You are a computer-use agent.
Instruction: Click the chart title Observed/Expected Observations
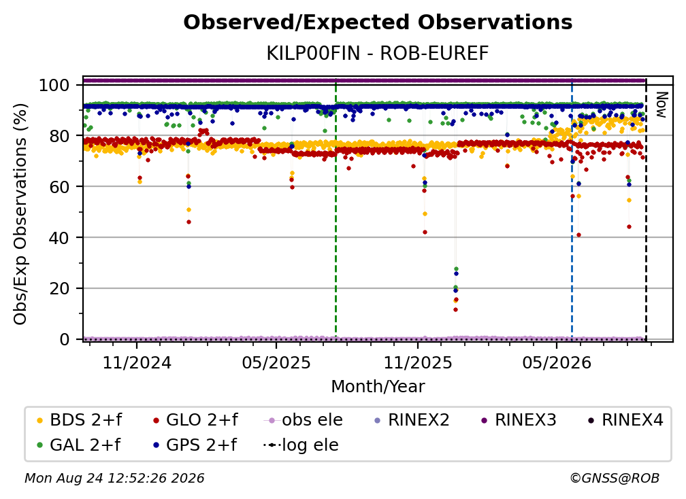pyautogui.click(x=378, y=22)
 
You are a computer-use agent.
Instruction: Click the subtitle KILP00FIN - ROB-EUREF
pyautogui.click(x=378, y=54)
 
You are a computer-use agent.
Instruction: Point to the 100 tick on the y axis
pyautogui.click(x=54, y=85)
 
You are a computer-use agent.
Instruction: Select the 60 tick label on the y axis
pyautogui.click(x=59, y=187)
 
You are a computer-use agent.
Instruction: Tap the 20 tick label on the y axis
pyautogui.click(x=59, y=289)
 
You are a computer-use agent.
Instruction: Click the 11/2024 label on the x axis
pyautogui.click(x=137, y=363)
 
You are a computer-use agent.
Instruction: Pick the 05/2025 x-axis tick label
pyautogui.click(x=276, y=363)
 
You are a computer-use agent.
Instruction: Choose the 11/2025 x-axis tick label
pyautogui.click(x=418, y=363)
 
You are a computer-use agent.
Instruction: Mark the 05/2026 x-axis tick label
pyautogui.click(x=557, y=363)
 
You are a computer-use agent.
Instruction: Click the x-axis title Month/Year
pyautogui.click(x=378, y=387)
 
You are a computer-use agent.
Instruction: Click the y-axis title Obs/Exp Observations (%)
pyautogui.click(x=20, y=214)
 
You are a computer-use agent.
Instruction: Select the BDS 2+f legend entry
pyautogui.click(x=79, y=420)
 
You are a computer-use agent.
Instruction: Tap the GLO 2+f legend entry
pyautogui.click(x=195, y=420)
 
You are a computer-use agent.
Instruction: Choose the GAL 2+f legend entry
pyautogui.click(x=78, y=445)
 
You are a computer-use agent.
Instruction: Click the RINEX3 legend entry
pyautogui.click(x=519, y=420)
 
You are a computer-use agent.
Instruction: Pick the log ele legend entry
pyautogui.click(x=301, y=445)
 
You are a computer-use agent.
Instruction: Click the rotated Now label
pyautogui.click(x=661, y=105)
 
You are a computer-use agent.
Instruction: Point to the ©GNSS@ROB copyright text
pyautogui.click(x=615, y=479)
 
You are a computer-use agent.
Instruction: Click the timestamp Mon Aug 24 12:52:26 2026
pyautogui.click(x=114, y=479)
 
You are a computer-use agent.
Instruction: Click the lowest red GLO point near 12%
pyautogui.click(x=455, y=310)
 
